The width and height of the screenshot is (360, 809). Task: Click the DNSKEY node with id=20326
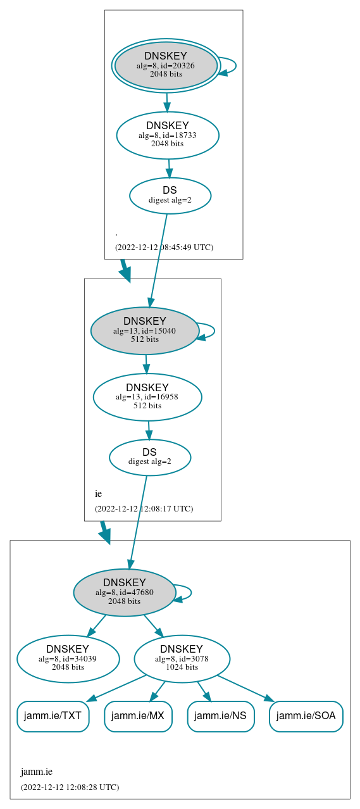[x=166, y=65]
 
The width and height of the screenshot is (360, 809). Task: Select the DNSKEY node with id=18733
[x=167, y=135]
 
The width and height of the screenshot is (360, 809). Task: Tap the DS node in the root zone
[x=170, y=195]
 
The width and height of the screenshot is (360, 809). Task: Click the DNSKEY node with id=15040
[x=144, y=330]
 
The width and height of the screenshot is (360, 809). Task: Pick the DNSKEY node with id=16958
[x=147, y=397]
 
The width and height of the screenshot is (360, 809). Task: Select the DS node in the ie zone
[x=149, y=456]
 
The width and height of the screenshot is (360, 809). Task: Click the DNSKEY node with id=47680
[x=124, y=592]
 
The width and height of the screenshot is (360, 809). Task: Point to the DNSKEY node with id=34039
[x=68, y=658]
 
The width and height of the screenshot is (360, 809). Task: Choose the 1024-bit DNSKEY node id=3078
[x=182, y=658]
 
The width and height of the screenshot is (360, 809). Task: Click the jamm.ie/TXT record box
[x=53, y=716]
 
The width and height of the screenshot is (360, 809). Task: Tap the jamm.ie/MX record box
[x=138, y=716]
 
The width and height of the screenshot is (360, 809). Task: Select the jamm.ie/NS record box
[x=220, y=716]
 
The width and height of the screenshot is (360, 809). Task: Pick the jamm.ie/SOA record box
[x=306, y=716]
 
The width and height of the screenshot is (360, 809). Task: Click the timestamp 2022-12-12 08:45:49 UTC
[x=164, y=247]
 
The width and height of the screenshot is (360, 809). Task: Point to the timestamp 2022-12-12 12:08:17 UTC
[x=144, y=508]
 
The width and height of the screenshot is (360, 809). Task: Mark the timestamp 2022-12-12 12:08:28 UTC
[x=70, y=787]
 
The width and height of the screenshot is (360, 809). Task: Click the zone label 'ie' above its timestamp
[x=98, y=494]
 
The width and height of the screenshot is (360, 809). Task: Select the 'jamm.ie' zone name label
[x=37, y=772]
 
